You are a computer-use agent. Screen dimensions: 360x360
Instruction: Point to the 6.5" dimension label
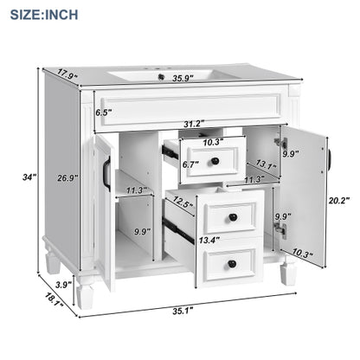tap(105, 112)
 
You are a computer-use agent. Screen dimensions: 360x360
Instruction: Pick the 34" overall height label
tap(30, 177)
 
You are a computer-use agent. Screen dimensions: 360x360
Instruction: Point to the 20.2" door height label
tap(338, 200)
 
